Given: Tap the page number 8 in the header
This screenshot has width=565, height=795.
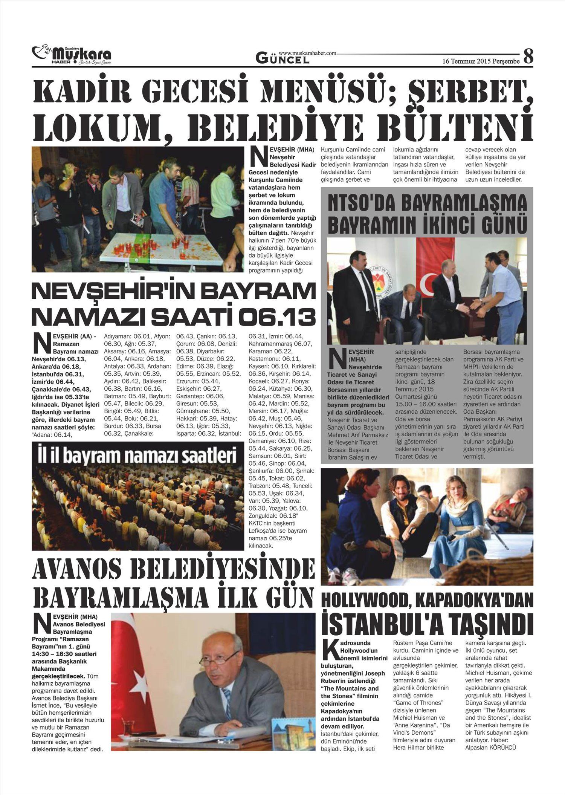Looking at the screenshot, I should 528,57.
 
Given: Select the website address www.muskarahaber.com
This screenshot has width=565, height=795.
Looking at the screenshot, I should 307,53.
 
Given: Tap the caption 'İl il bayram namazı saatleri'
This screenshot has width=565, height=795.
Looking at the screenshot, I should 136,456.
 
